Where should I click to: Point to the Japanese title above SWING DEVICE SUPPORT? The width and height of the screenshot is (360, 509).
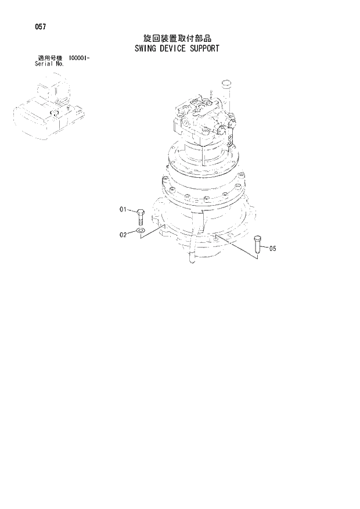click(x=175, y=38)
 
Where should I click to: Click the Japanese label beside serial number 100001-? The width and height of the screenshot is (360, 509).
click(x=49, y=58)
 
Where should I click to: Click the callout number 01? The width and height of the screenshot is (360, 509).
click(x=123, y=209)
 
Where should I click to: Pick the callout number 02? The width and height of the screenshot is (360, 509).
click(x=123, y=235)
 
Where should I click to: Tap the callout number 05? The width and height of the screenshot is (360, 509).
click(x=273, y=248)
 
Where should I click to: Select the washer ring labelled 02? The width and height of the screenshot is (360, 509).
click(x=141, y=234)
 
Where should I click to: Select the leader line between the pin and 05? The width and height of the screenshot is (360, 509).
click(x=264, y=248)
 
